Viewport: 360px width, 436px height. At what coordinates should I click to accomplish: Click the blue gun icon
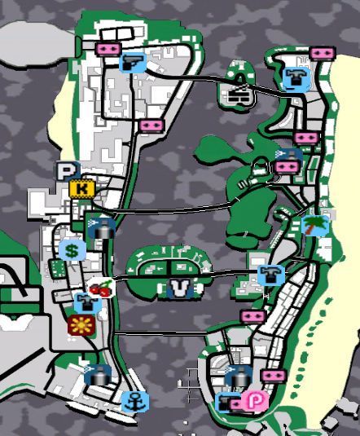(131, 62)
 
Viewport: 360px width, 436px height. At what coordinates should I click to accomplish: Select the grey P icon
(65, 171)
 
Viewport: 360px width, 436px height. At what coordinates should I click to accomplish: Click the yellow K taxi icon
(81, 189)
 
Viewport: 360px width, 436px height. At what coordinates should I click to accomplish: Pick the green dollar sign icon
(71, 250)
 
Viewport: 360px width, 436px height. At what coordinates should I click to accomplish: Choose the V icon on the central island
(179, 288)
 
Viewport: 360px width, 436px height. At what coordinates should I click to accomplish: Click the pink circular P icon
(252, 401)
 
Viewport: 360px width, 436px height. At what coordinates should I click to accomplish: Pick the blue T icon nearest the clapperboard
(293, 77)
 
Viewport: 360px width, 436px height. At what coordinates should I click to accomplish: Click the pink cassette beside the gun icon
(107, 50)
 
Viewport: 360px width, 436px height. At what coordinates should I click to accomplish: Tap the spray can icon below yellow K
(100, 229)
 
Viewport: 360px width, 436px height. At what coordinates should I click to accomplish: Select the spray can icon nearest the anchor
(98, 373)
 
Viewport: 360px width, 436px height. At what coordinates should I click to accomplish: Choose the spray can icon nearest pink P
(236, 377)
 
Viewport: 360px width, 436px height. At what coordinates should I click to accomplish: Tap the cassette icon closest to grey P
(150, 126)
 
